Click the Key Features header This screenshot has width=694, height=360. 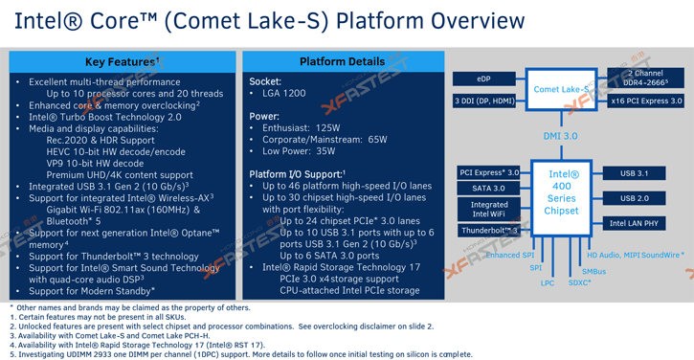coord(122,62)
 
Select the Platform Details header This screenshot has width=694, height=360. coord(342,62)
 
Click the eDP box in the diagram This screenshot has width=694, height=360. coord(484,79)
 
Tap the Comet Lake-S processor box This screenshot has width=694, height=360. coord(561,89)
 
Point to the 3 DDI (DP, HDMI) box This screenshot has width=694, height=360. coord(484,101)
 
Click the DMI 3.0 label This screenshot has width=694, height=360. coord(561,136)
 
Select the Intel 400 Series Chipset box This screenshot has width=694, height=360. coord(561,192)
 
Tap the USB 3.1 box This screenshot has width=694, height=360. coord(634,173)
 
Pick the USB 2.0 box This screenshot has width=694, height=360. coord(634,198)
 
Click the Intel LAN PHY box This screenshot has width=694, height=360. coord(634,223)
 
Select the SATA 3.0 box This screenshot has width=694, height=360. coord(488,189)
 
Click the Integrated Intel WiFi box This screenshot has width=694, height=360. coord(488,209)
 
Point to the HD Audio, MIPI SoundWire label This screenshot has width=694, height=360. coord(635,256)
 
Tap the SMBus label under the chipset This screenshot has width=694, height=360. coord(593,271)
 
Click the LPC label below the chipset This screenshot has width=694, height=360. coord(548,282)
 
